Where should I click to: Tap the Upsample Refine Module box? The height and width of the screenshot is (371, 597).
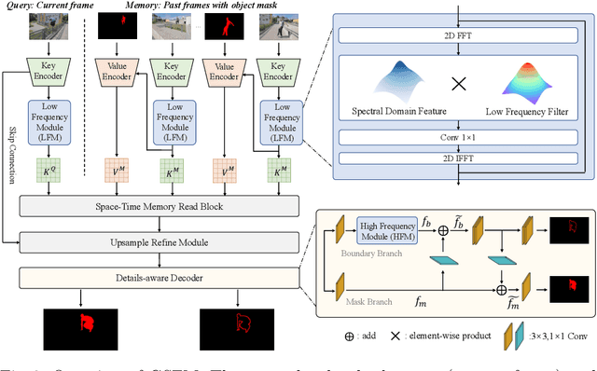coord(157,243)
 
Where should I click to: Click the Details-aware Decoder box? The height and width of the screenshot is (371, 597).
coord(157,277)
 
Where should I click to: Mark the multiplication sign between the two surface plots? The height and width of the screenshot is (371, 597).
coord(459,85)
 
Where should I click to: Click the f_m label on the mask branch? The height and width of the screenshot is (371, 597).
coord(420,303)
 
